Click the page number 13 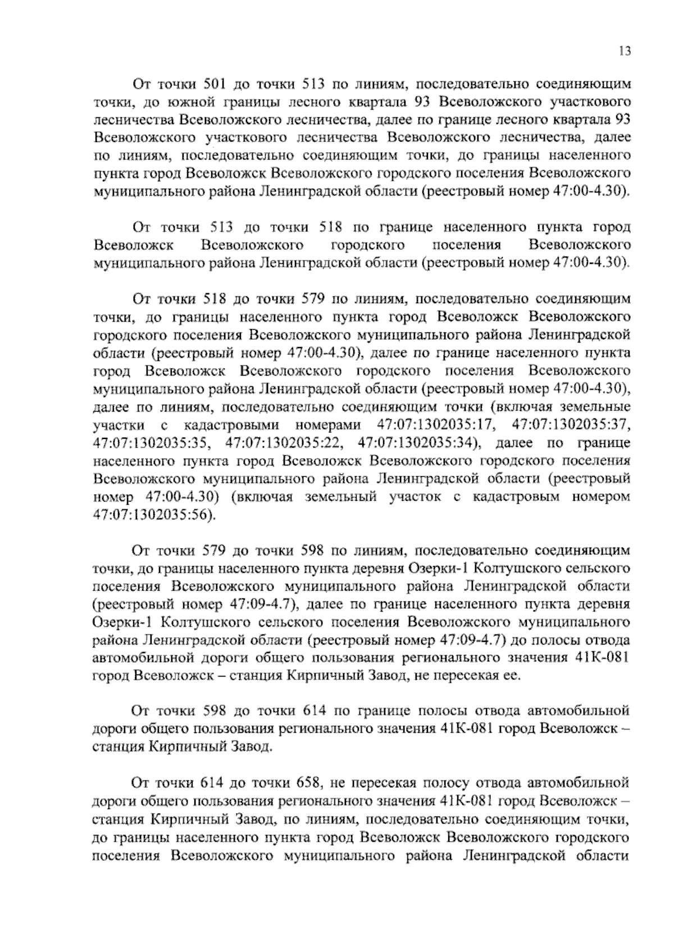point(625,51)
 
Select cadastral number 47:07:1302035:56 point(152,514)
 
